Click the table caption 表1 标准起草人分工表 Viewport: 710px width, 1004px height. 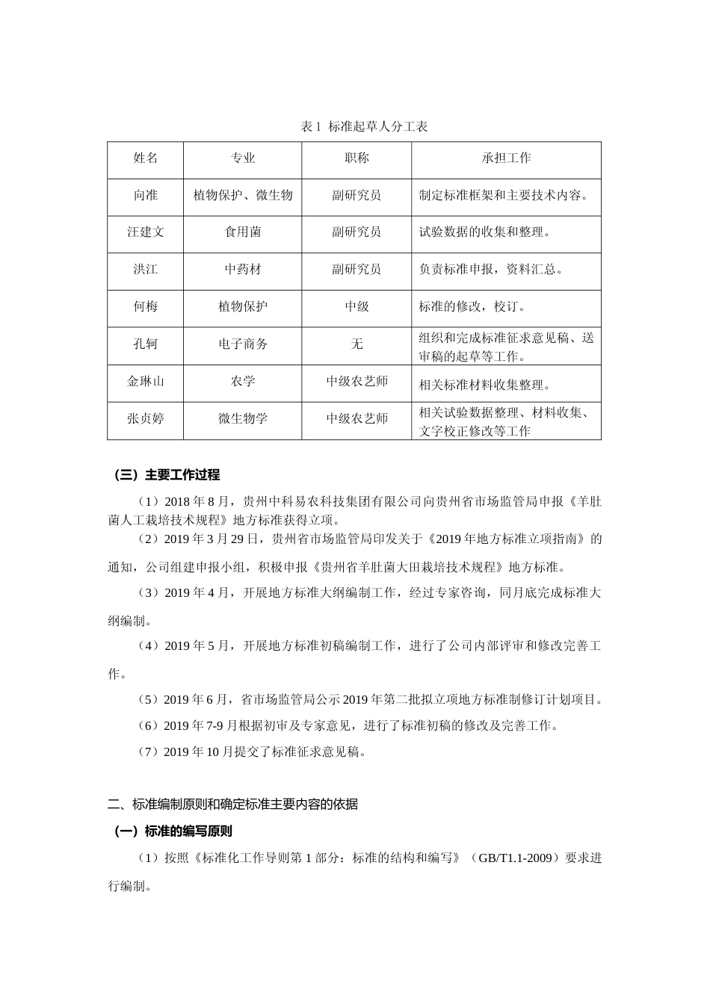pyautogui.click(x=363, y=126)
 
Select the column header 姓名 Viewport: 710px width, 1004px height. pyautogui.click(x=146, y=158)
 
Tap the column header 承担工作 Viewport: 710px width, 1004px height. pyautogui.click(x=506, y=158)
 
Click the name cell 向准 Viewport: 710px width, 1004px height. pyautogui.click(x=146, y=196)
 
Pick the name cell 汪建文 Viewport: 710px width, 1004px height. pyautogui.click(x=146, y=232)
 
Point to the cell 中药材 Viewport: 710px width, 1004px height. pyautogui.click(x=243, y=270)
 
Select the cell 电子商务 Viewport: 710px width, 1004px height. pyautogui.click(x=243, y=344)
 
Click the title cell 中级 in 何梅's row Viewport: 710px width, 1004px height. pyautogui.click(x=356, y=307)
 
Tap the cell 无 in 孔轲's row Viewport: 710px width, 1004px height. pyautogui.click(x=356, y=344)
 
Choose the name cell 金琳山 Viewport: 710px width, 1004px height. pyautogui.click(x=146, y=382)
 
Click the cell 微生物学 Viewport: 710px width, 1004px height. pyautogui.click(x=243, y=419)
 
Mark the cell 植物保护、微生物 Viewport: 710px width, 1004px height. pyautogui.click(x=243, y=196)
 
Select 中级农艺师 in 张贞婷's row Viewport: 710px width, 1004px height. pyautogui.click(x=356, y=419)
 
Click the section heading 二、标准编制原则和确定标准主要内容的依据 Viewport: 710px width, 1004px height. pyautogui.click(x=232, y=805)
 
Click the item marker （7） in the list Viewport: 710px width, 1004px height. pyautogui.click(x=149, y=752)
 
